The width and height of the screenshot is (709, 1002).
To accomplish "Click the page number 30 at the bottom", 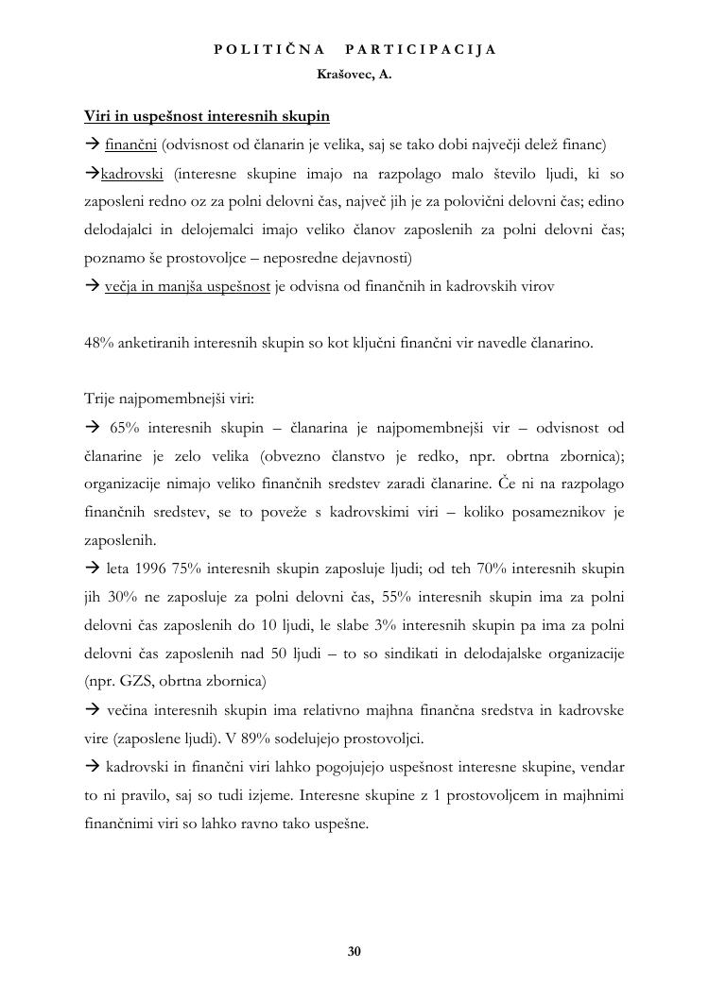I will (x=354, y=951).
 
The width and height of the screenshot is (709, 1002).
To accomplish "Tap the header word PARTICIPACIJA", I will (x=421, y=49).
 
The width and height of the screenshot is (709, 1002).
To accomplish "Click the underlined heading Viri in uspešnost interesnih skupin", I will (x=207, y=116).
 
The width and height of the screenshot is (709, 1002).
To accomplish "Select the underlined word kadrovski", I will (x=132, y=173).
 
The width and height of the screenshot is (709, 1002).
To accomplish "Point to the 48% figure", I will (x=99, y=343).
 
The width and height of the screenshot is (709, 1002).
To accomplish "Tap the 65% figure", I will (x=125, y=428).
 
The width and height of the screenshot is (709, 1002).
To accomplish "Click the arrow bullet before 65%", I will (x=92, y=428).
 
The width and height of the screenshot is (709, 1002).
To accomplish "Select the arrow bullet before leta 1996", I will (x=92, y=569).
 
